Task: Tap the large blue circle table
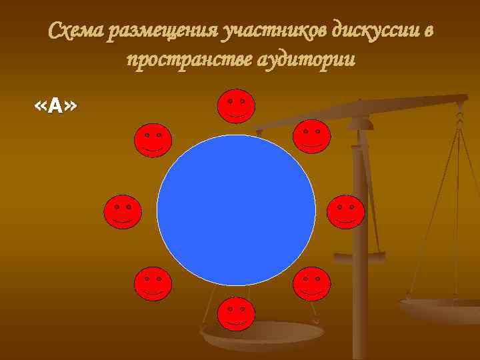(236, 209)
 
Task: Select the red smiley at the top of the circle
(236, 106)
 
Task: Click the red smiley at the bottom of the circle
(236, 315)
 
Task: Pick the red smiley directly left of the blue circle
(122, 212)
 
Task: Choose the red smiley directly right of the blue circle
(346, 212)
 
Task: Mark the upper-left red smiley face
(153, 140)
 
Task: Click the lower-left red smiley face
(153, 283)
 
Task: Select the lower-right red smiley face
(311, 283)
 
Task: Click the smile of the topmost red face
(236, 114)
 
